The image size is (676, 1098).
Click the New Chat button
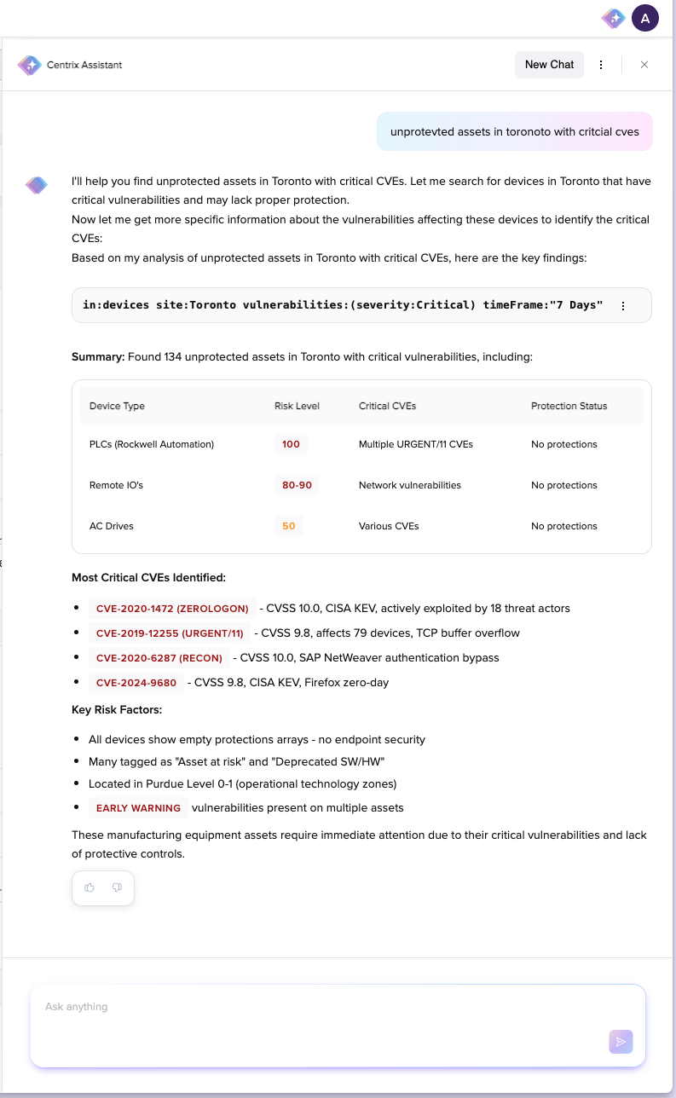click(x=549, y=65)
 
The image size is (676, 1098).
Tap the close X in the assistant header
click(x=644, y=65)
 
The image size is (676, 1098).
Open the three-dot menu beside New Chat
click(x=601, y=65)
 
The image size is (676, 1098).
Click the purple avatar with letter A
click(x=644, y=18)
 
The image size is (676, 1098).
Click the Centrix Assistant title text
click(x=84, y=65)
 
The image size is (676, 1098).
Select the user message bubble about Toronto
click(x=514, y=131)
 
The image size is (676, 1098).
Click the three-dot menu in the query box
click(x=623, y=305)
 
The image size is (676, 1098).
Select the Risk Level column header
click(x=297, y=406)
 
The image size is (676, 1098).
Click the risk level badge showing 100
click(x=291, y=444)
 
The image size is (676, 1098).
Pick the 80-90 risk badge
click(x=297, y=485)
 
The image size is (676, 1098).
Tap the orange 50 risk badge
click(x=289, y=526)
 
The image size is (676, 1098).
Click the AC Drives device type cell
click(x=112, y=526)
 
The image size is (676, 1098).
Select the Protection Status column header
click(x=569, y=406)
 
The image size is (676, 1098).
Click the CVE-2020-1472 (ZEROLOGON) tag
click(x=172, y=609)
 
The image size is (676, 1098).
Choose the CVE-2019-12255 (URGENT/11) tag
click(x=170, y=633)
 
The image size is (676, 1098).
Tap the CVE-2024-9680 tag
click(x=136, y=683)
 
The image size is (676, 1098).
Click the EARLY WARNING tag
click(x=138, y=808)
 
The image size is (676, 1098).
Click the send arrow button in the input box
click(x=621, y=1041)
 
